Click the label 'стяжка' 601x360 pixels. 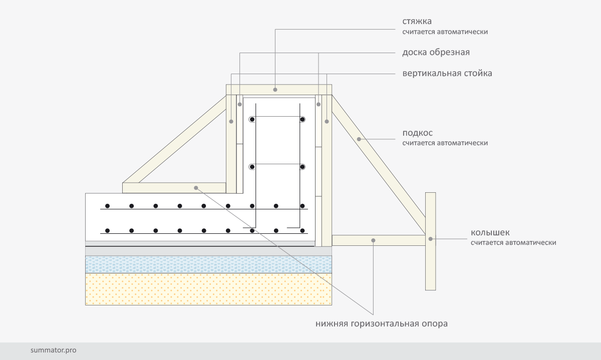point(417,22)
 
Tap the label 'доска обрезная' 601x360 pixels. point(436,53)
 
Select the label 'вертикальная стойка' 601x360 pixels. point(447,74)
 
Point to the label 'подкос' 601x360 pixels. point(417,133)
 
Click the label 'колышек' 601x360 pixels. point(490,233)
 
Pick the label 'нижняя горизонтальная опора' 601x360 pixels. point(381,323)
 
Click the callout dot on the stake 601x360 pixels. point(430,239)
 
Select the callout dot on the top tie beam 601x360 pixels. point(275,90)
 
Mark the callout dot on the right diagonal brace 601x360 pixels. point(359,138)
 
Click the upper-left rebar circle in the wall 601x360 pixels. point(252,120)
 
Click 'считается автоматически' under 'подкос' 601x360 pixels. point(445,143)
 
